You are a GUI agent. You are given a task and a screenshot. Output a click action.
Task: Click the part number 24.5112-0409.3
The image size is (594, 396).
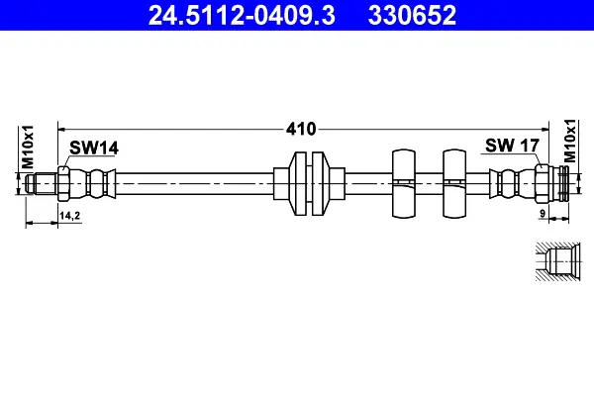pyautogui.click(x=242, y=15)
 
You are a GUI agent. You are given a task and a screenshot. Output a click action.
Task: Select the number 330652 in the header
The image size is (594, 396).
pyautogui.click(x=412, y=15)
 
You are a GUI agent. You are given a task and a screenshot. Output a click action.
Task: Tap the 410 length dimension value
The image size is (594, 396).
pyautogui.click(x=301, y=130)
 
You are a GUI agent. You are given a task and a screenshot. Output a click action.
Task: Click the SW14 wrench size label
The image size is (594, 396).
pyautogui.click(x=94, y=148)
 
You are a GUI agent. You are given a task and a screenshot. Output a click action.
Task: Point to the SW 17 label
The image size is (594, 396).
pyautogui.click(x=512, y=146)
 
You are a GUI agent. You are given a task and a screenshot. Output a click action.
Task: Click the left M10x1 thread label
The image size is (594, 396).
pyautogui.click(x=29, y=148)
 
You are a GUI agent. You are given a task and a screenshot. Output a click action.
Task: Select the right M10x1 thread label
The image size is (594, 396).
pyautogui.click(x=570, y=141)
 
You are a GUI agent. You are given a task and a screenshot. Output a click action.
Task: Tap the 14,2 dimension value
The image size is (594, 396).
pyautogui.click(x=69, y=216)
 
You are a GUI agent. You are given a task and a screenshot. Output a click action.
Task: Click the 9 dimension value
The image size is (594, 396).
pyautogui.click(x=543, y=214)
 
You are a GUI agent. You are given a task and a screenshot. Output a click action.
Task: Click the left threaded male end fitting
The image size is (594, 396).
pyautogui.click(x=41, y=184)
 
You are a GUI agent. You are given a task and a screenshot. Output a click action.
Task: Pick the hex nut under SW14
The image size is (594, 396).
pyautogui.click(x=63, y=184)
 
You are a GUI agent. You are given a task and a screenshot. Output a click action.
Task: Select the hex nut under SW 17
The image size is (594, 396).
pyautogui.click(x=542, y=184)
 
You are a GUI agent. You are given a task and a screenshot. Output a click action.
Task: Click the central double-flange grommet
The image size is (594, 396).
pyautogui.click(x=309, y=184)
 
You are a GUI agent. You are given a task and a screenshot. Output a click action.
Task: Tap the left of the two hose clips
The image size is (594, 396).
pyautogui.click(x=404, y=184)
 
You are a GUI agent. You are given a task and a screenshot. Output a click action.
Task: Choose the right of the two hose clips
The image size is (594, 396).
pyautogui.click(x=454, y=184)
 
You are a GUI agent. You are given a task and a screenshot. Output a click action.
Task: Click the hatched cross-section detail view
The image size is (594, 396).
pyautogui.click(x=557, y=261)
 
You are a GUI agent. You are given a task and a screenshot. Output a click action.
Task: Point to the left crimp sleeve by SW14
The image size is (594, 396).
pyautogui.click(x=92, y=184)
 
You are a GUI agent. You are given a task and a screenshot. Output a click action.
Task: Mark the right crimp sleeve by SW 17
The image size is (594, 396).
pyautogui.click(x=512, y=184)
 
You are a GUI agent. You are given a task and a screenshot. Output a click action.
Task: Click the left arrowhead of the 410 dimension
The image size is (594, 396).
pyautogui.click(x=61, y=130)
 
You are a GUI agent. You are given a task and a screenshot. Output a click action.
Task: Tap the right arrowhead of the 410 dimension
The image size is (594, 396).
pyautogui.click(x=544, y=130)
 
